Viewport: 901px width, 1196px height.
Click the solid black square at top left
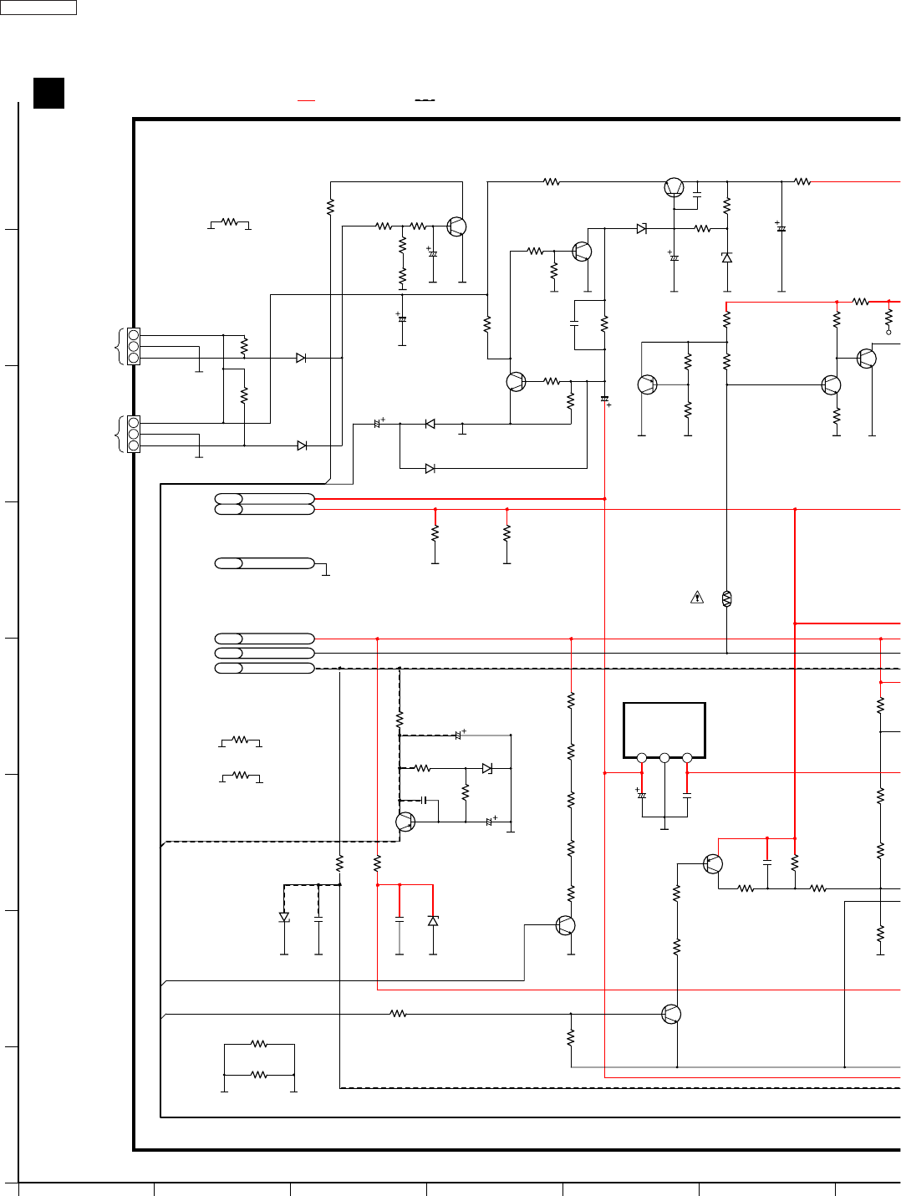48,93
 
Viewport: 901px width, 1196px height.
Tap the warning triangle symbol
697,598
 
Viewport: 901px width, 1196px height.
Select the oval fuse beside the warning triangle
726,598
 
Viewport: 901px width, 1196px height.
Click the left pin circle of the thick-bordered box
642,758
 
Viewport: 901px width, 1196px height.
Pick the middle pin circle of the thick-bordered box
664,758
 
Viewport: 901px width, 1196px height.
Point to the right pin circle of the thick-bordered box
687,758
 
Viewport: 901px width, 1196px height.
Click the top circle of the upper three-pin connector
134,334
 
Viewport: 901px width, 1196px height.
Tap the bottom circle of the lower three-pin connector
134,445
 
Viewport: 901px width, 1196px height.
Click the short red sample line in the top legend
307,100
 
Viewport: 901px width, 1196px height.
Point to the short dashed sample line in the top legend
425,100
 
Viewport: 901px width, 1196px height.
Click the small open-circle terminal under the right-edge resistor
888,332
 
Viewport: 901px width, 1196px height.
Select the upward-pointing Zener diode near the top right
727,257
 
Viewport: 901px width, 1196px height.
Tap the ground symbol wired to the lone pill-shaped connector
326,574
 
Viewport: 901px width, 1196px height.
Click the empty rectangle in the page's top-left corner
38,8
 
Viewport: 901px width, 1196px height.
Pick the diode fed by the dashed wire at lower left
284,917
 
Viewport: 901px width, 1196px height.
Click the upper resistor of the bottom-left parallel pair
259,1044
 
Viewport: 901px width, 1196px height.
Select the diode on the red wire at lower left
433,920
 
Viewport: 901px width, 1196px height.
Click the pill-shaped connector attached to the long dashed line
264,668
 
